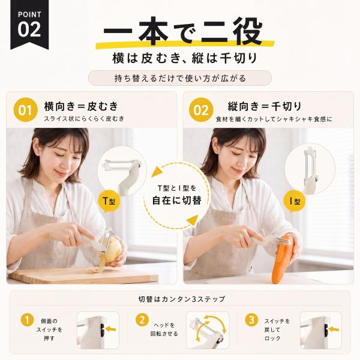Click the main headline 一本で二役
pos(182,31)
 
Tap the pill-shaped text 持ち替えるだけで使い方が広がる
pos(180,78)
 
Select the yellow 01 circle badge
pos(25,110)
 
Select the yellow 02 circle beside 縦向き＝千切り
pos(201,110)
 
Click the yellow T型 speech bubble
pos(109,202)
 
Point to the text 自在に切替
pos(177,200)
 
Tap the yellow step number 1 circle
pos(28,320)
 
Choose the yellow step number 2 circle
pos(142,320)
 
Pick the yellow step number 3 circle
pos(251,320)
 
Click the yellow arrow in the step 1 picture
pos(111,329)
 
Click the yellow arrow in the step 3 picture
pos(334,329)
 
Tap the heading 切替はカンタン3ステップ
pos(182,299)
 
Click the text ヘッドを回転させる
pos(164,329)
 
